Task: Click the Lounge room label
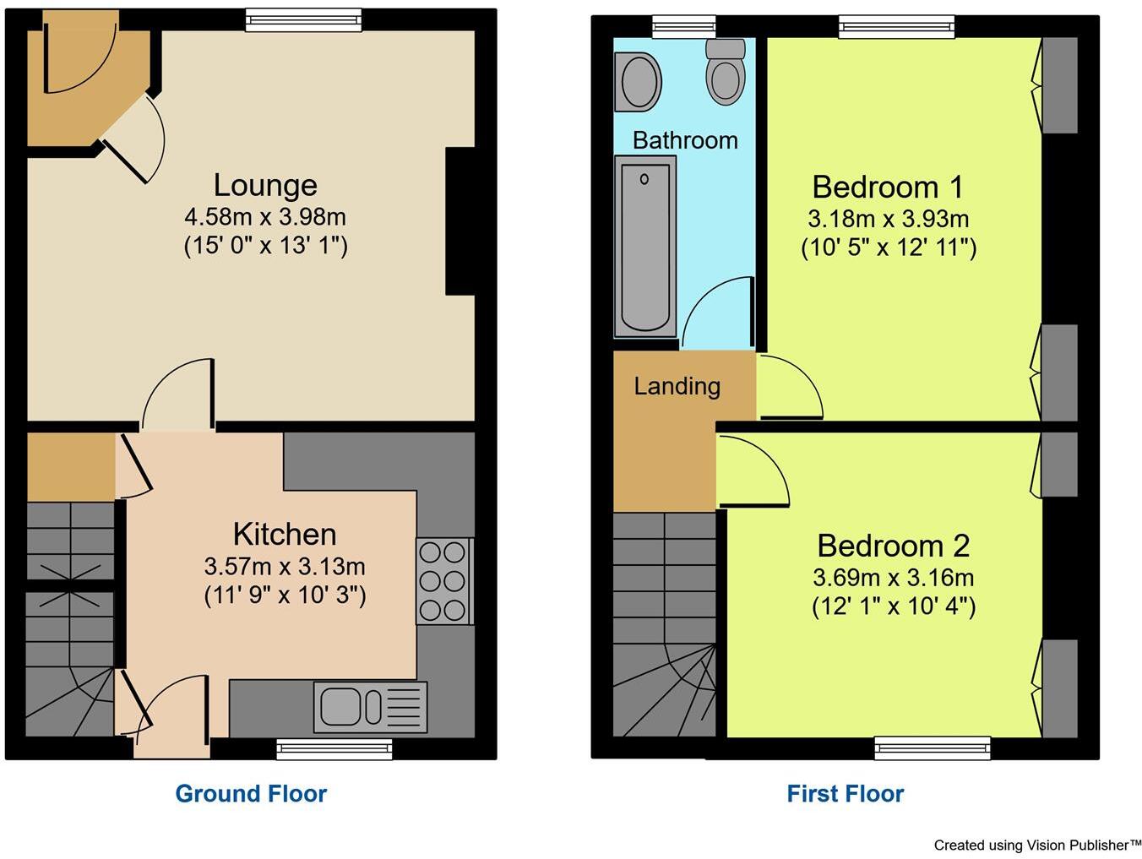[x=265, y=185]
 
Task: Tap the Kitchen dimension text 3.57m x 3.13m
[x=285, y=566]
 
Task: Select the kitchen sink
[x=371, y=707]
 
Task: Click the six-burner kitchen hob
[x=443, y=582]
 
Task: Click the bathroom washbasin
[x=639, y=82]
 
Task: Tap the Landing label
[x=677, y=386]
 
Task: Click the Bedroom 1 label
[x=887, y=187]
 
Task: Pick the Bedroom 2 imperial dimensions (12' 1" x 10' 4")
[x=894, y=606]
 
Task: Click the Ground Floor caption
[x=251, y=794]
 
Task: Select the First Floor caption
[x=845, y=794]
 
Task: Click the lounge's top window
[x=303, y=19]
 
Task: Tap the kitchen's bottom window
[x=334, y=748]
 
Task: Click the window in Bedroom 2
[x=932, y=748]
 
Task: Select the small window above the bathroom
[x=683, y=26]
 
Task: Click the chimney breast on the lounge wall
[x=460, y=221]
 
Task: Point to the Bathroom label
[x=685, y=140]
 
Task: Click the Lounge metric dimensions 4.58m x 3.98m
[x=265, y=217]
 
